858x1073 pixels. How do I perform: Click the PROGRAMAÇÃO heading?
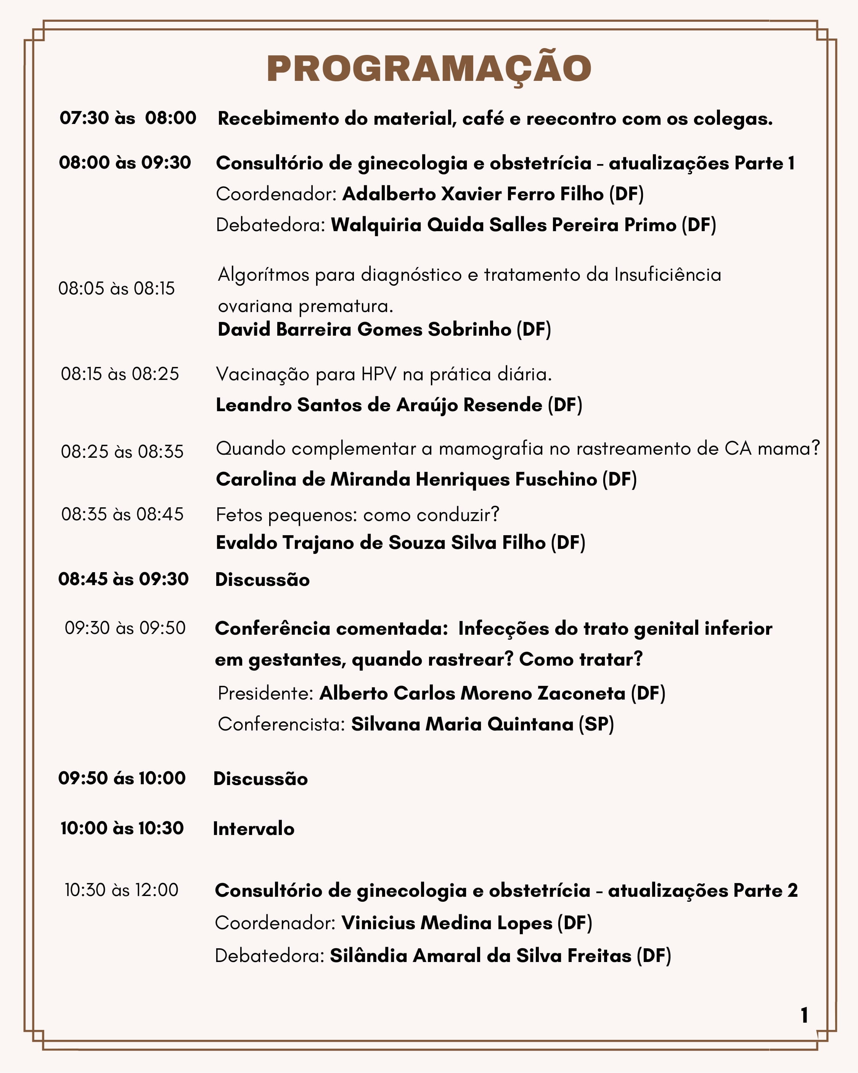(x=429, y=68)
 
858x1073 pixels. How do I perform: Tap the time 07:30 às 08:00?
(x=128, y=118)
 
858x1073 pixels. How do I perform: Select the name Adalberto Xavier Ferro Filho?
(x=473, y=194)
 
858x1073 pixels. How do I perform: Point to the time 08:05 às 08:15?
(x=116, y=288)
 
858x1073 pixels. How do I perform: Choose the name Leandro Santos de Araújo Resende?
(x=379, y=405)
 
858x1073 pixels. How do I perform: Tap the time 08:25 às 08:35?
(x=122, y=451)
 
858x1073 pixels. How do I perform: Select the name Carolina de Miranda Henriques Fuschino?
(x=406, y=479)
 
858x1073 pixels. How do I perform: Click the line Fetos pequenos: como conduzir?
(x=357, y=514)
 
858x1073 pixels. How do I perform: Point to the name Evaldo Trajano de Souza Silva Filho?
(x=380, y=542)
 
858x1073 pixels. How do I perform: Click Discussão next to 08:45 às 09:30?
(x=262, y=579)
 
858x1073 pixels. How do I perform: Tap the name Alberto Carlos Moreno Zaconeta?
(x=472, y=693)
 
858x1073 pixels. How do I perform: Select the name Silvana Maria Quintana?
(x=462, y=724)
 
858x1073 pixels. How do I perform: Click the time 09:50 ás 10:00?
(x=122, y=778)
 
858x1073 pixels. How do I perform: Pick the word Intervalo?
(x=253, y=828)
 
